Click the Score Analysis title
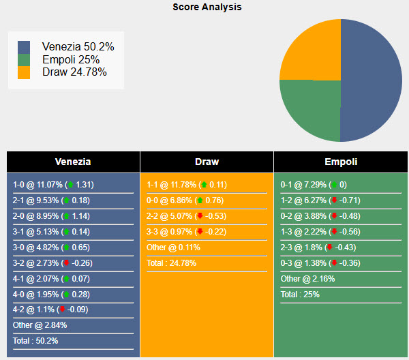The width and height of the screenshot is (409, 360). pos(207,7)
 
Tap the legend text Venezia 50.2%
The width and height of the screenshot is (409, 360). pos(78,47)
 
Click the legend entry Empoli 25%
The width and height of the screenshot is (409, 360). pos(70,60)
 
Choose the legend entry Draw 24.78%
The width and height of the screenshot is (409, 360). pos(74,72)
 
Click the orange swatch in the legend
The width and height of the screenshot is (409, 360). pos(25,72)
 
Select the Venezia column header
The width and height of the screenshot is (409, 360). pos(73,162)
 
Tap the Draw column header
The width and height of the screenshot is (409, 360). pos(207,162)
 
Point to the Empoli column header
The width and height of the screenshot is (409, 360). pos(341,162)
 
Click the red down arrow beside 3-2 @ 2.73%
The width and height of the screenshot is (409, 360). pos(65,263)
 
